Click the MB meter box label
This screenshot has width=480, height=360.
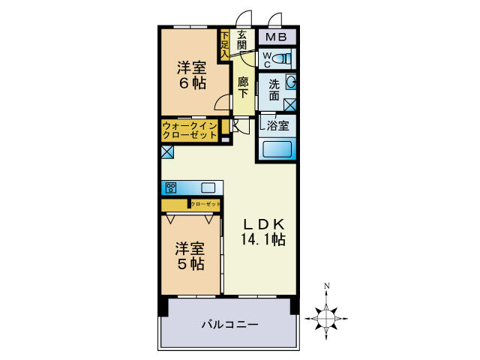coord(277,36)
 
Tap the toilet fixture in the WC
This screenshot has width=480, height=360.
coord(283,58)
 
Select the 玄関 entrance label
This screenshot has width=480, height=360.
coord(242,40)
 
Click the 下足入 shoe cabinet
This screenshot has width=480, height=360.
coord(224,43)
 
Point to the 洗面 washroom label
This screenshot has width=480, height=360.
coord(274,90)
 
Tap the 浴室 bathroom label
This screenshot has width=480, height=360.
coord(278,125)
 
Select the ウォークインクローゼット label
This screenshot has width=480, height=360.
coord(190,130)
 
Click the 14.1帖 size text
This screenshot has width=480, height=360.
coord(261,240)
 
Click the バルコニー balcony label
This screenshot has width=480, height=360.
coord(229,325)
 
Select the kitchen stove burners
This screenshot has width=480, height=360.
coord(171,187)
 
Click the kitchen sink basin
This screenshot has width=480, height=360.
coord(208,187)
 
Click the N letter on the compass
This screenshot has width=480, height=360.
coord(327,286)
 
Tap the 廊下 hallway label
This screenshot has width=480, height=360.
coord(243,88)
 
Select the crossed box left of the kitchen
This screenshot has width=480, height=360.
coord(167,151)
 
